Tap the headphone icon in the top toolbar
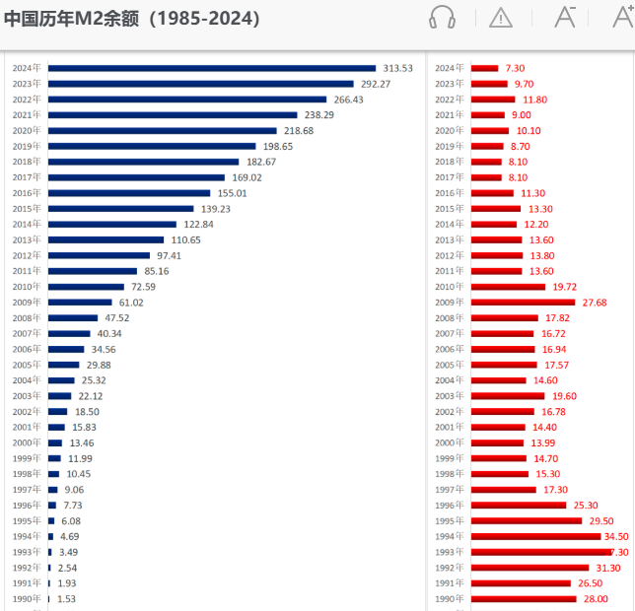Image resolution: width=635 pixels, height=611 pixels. coord(443,17)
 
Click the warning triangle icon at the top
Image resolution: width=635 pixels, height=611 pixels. coord(501,17)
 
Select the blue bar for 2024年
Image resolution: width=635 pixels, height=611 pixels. coord(212,68)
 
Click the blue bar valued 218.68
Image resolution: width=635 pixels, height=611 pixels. coord(163,130)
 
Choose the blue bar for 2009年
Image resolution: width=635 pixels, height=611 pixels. coord(80,303)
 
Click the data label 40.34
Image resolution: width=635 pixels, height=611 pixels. coord(108,334)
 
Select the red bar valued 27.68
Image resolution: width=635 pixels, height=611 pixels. coord(523,303)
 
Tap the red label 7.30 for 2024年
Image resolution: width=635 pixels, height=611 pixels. coord(515,68)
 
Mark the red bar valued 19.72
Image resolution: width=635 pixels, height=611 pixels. coord(508,287)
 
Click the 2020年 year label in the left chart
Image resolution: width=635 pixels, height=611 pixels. coord(27,130)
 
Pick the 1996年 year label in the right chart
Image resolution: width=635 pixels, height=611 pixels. coord(450,506)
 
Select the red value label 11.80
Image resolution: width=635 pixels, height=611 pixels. coord(534,100)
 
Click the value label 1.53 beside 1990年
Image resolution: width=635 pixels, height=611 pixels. coord(66,598)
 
